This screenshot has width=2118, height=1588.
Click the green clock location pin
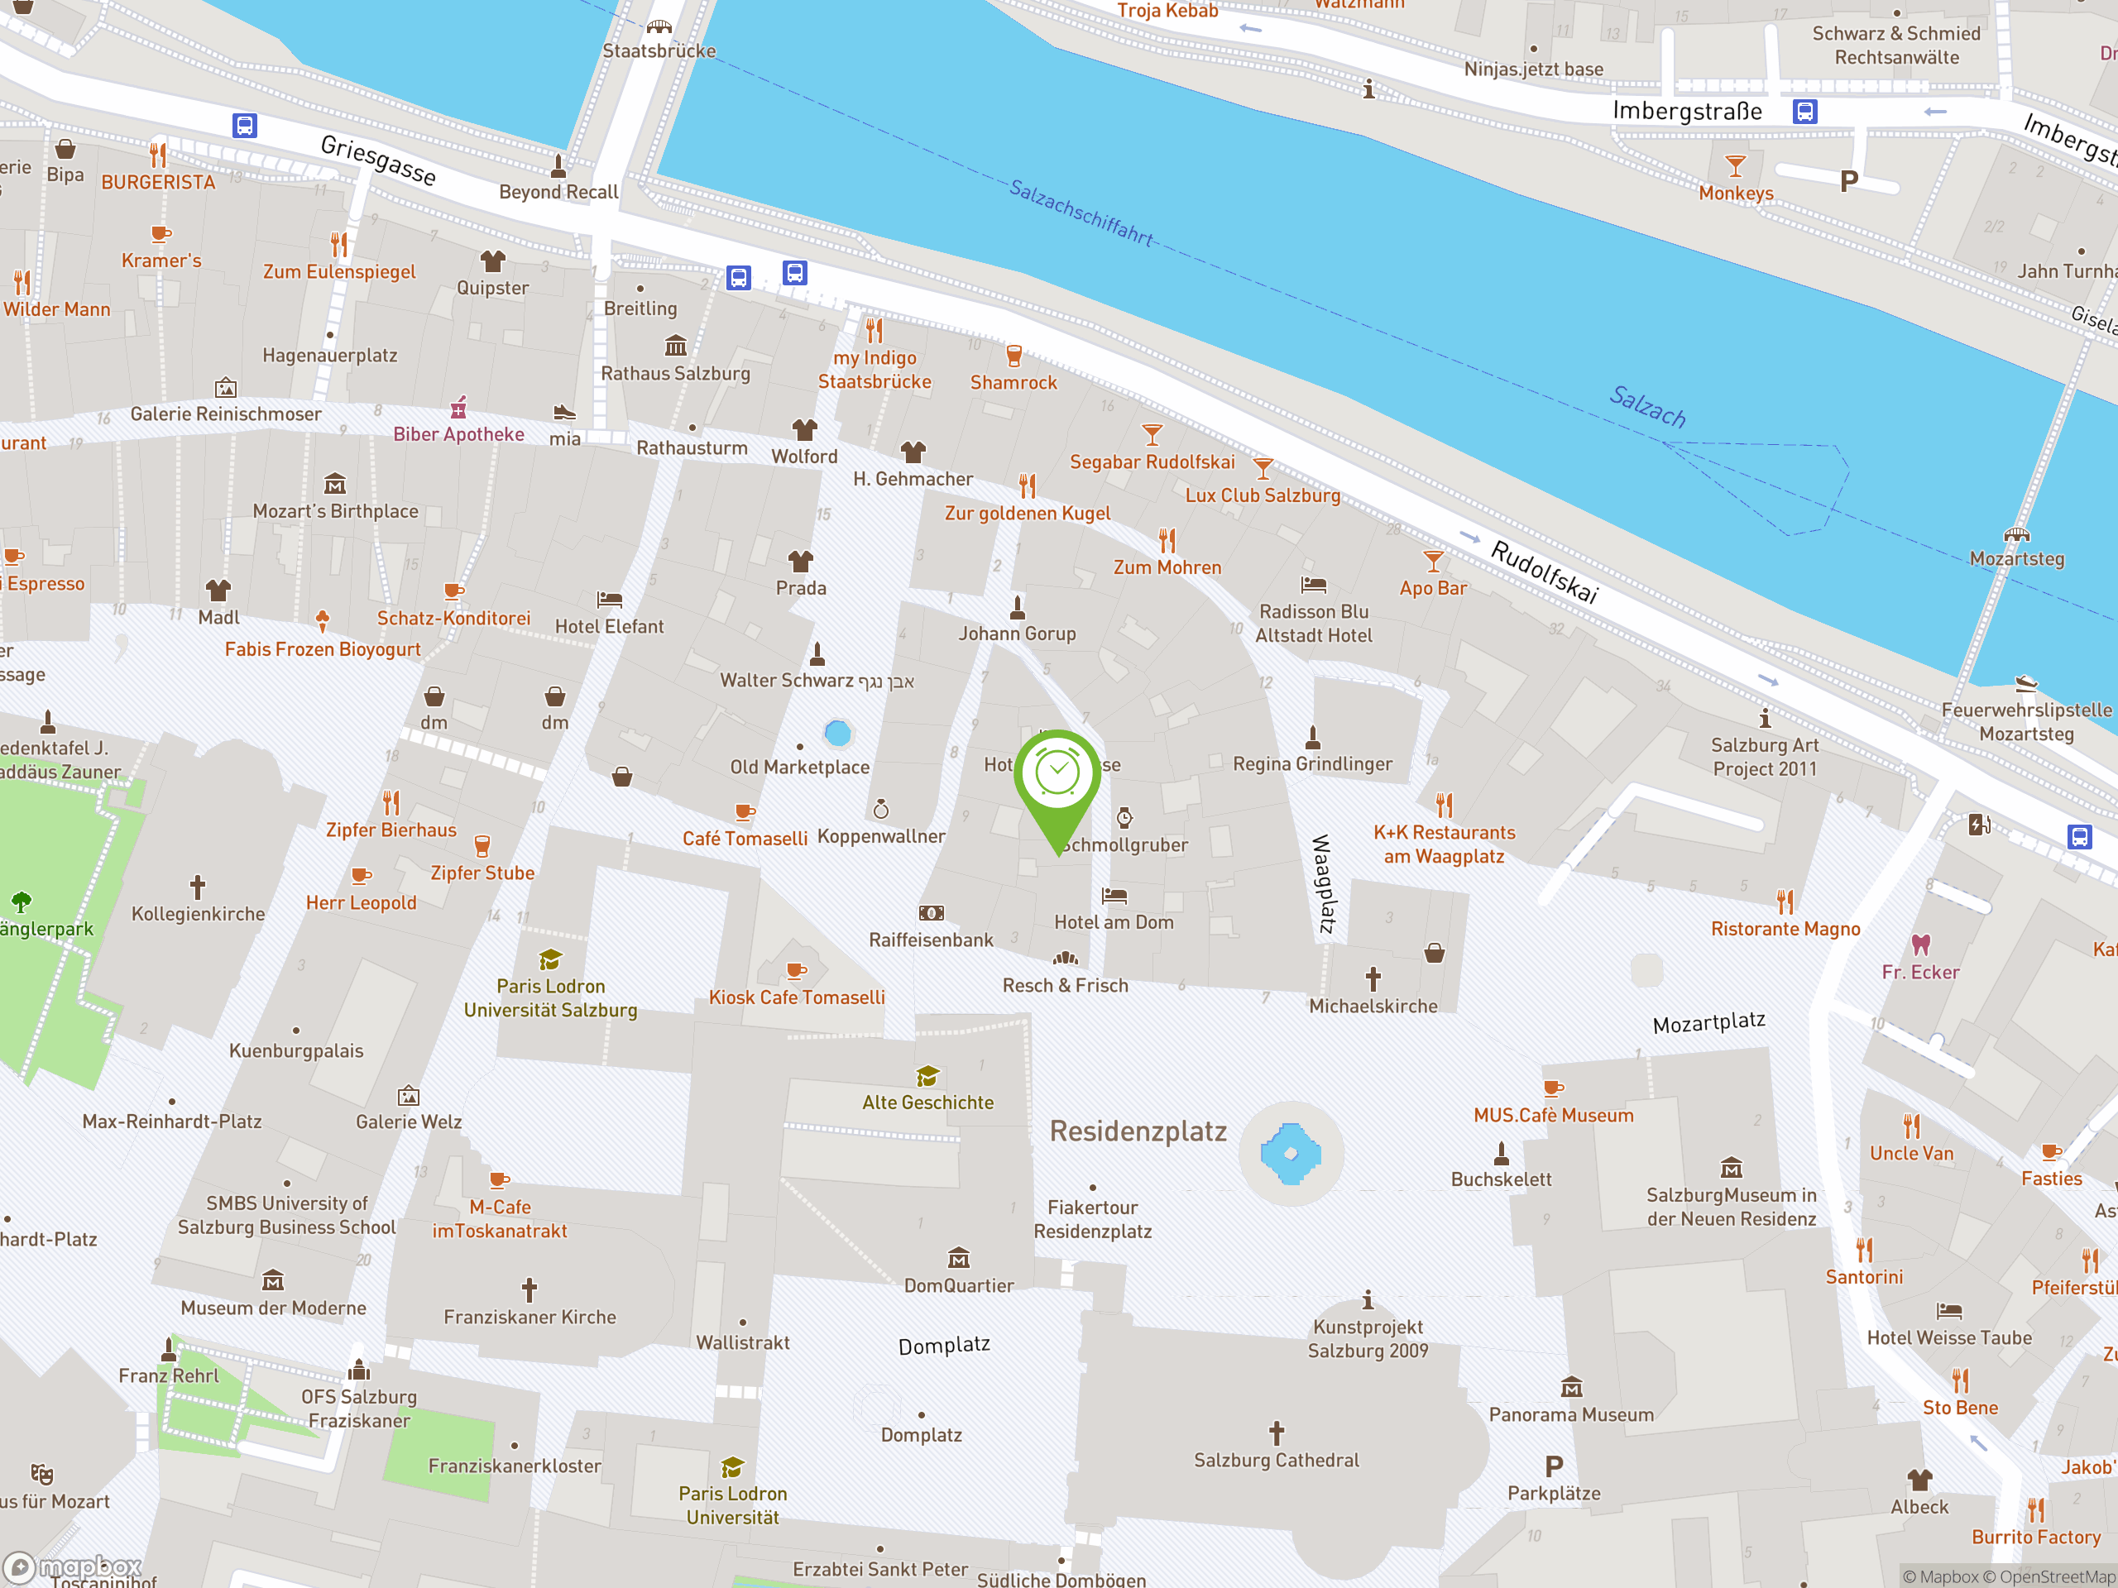pyautogui.click(x=1057, y=775)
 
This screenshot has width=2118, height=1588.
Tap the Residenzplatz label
pyautogui.click(x=1138, y=1131)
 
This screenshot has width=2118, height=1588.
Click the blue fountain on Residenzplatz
pyautogui.click(x=1290, y=1154)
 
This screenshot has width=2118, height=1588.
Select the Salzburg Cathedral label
pyautogui.click(x=1276, y=1460)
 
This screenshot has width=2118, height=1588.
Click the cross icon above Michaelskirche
pyautogui.click(x=1373, y=978)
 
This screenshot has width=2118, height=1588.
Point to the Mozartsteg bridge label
pyautogui.click(x=2016, y=559)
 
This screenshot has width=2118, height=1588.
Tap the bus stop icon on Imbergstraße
pyautogui.click(x=1805, y=112)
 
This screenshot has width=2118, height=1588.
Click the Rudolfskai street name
pyautogui.click(x=1544, y=572)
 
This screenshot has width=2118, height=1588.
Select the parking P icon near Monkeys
pyautogui.click(x=1849, y=181)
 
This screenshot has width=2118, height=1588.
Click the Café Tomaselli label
pyautogui.click(x=745, y=839)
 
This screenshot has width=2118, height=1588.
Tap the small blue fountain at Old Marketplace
pyautogui.click(x=838, y=734)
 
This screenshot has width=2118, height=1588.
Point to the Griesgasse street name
pyautogui.click(x=378, y=160)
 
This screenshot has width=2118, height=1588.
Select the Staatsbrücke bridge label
pyautogui.click(x=659, y=50)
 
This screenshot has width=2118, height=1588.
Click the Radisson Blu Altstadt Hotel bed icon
pyautogui.click(x=1314, y=584)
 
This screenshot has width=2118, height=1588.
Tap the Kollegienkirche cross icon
pyautogui.click(x=197, y=887)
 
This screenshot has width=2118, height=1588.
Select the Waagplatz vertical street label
pyautogui.click(x=1322, y=883)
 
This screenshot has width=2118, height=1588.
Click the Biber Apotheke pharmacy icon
pyautogui.click(x=458, y=408)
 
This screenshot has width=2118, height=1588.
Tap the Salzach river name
pyautogui.click(x=1647, y=406)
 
